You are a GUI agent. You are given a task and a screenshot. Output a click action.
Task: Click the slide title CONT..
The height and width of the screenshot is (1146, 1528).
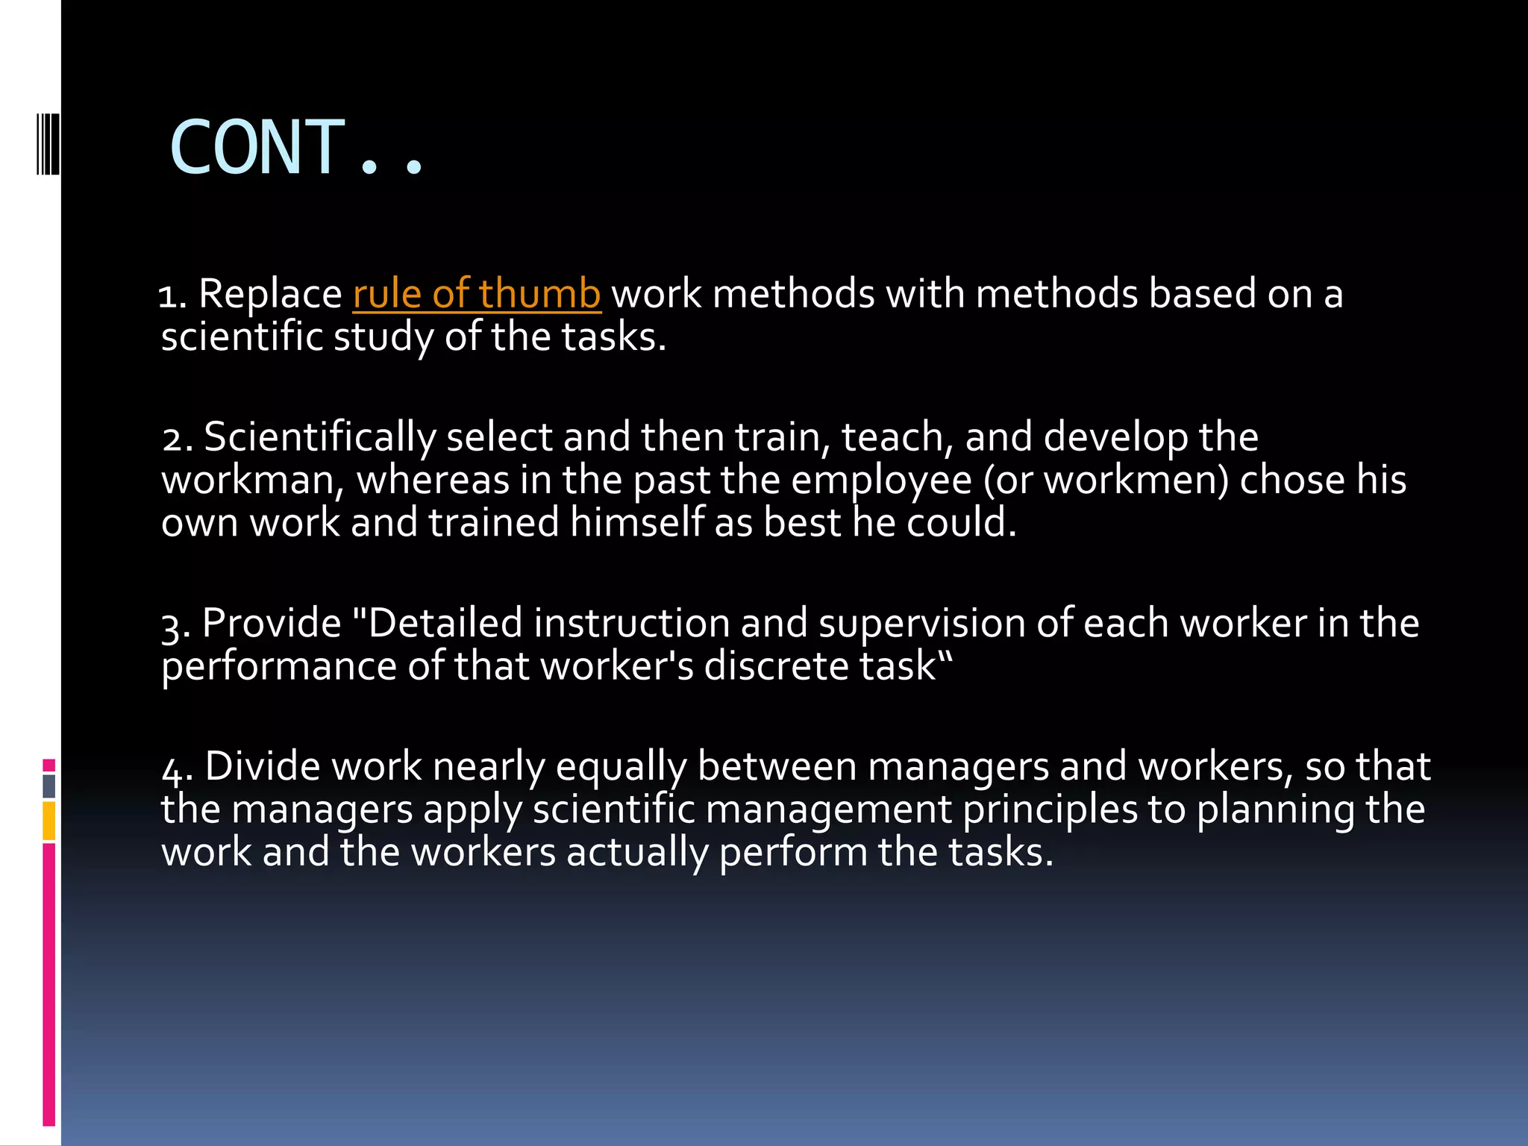point(297,148)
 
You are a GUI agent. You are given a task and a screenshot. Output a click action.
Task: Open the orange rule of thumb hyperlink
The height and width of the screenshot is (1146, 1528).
point(477,293)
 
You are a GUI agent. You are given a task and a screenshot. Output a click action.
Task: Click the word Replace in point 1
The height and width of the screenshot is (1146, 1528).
point(270,293)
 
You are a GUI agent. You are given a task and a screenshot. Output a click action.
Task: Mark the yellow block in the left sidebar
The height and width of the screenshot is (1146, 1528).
point(48,821)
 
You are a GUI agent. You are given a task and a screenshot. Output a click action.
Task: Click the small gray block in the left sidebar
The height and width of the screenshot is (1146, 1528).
point(48,786)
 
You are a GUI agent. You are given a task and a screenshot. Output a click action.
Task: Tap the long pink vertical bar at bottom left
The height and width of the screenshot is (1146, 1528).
point(48,985)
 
